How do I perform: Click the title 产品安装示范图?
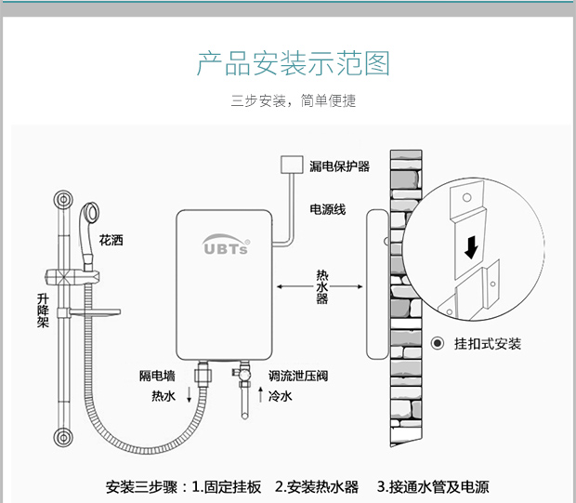point(293,64)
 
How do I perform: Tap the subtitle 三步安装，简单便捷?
point(293,100)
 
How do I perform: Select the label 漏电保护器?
point(339,166)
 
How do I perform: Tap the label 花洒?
point(111,240)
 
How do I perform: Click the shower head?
point(92,213)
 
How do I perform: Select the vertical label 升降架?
point(43,311)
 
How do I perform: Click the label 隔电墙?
point(157,376)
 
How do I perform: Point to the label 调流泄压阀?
point(297,376)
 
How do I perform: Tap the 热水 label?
point(163,395)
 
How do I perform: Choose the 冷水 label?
point(280,395)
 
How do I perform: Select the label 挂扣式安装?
point(488,344)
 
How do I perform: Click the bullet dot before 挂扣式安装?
point(439,344)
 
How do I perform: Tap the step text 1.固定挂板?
point(227,486)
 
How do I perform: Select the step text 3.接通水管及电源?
point(432,486)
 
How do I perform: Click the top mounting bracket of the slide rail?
point(63,200)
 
